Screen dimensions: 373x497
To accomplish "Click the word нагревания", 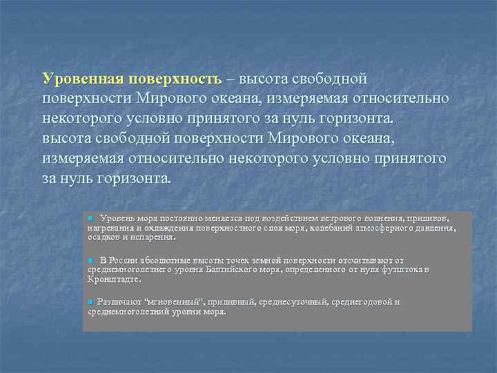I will (110, 227).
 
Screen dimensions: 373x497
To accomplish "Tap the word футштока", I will (400, 269).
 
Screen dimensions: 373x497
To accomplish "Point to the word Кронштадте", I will (113, 279).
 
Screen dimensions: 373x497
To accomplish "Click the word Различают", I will (119, 303).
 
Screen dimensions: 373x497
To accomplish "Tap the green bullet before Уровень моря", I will (90, 218).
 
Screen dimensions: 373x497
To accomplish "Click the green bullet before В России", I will (90, 260).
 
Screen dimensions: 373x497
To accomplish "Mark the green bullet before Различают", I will (90, 303).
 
